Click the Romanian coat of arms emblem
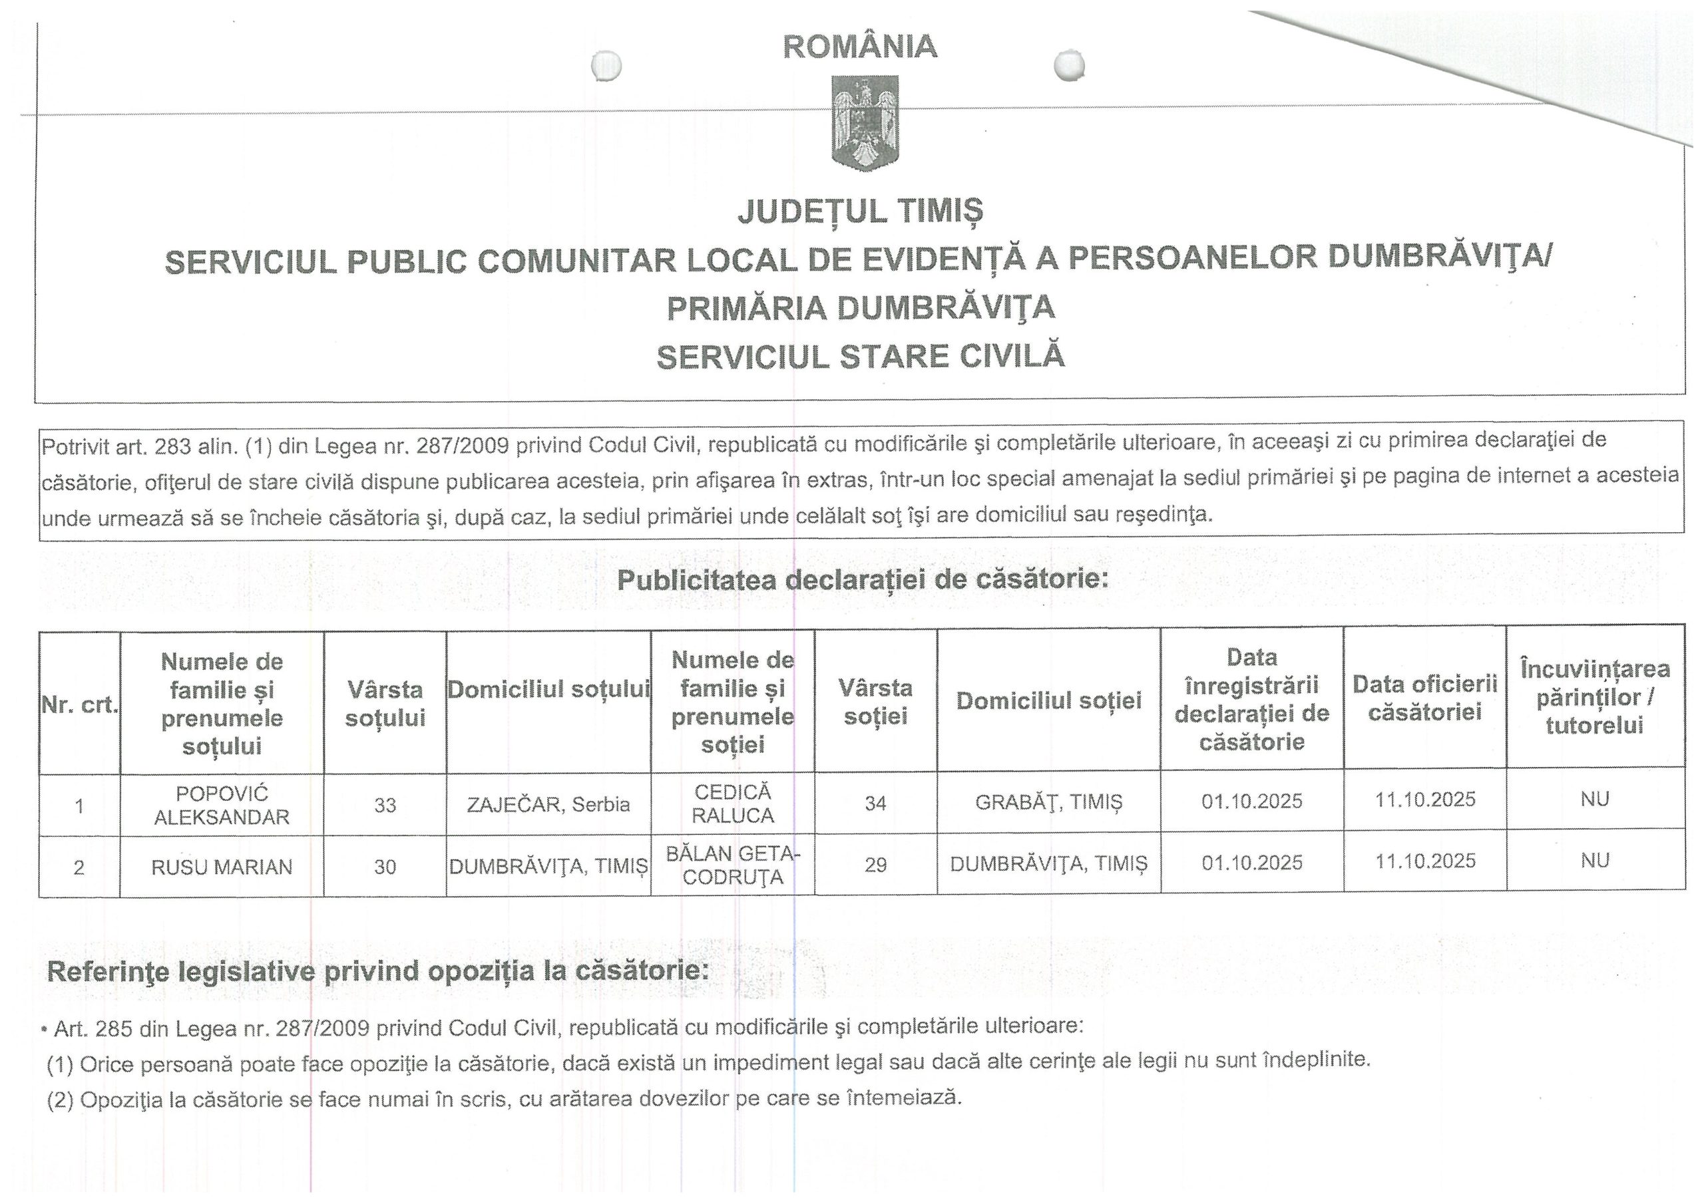[x=865, y=122]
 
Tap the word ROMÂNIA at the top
[x=860, y=47]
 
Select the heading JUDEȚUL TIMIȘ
[x=860, y=211]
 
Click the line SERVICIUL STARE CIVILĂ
[x=860, y=357]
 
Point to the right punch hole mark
[x=1070, y=65]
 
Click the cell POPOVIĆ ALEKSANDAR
[x=222, y=805]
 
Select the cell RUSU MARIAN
[x=222, y=867]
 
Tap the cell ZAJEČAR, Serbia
[x=548, y=804]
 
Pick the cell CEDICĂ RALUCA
[x=732, y=804]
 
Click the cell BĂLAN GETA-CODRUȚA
[x=732, y=865]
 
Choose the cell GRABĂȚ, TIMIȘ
[x=1048, y=802]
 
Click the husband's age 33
[x=385, y=805]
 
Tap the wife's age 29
[x=876, y=864]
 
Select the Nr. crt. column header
[x=80, y=704]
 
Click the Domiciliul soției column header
[x=1048, y=700]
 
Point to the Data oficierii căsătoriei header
[x=1425, y=697]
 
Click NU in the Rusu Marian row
[x=1595, y=861]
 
